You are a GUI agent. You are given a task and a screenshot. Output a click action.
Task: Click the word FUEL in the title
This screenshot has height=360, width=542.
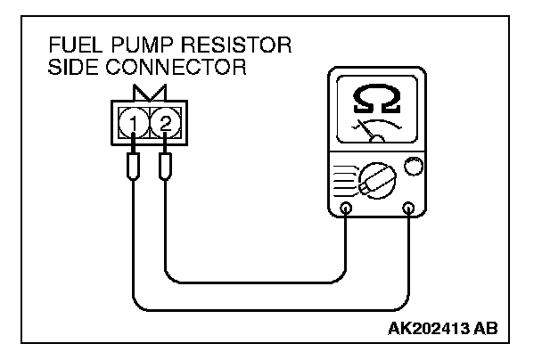tap(74, 47)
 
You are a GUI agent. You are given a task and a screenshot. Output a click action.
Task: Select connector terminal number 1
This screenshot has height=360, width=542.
tap(133, 119)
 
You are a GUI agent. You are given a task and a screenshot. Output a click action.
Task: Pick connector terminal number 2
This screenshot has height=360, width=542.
tap(165, 119)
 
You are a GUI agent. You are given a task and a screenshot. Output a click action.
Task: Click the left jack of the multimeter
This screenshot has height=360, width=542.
tap(346, 209)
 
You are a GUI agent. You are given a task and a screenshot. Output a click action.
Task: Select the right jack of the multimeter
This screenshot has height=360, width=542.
tap(408, 209)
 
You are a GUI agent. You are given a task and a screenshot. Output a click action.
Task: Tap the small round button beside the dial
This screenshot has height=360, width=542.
tap(413, 166)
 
